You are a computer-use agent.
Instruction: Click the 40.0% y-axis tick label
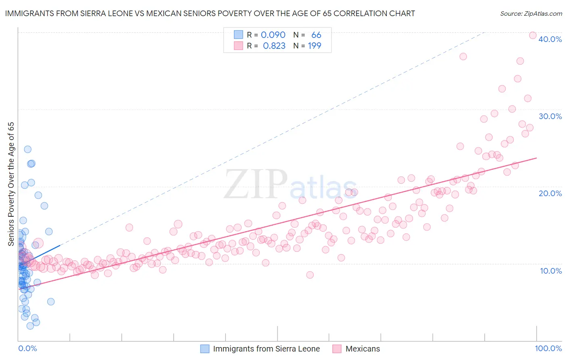pos(550,39)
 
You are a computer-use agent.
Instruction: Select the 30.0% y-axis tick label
pos(550,116)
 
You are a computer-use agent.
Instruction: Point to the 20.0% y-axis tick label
pos(550,193)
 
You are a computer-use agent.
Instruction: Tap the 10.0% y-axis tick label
pos(551,271)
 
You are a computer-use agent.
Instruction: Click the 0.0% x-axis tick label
pos(27,348)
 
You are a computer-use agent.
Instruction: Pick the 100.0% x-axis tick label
pos(548,348)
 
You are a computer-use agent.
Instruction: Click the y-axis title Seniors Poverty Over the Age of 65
pos(11,184)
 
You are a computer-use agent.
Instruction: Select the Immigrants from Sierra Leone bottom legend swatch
pos(205,349)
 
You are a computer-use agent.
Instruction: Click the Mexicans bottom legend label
pos(363,349)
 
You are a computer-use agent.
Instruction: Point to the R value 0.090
pos(273,35)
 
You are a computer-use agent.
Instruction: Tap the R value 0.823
pos(274,46)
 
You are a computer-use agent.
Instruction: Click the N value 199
pos(315,46)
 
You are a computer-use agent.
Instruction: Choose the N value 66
pos(316,35)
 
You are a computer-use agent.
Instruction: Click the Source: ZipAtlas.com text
pos(531,14)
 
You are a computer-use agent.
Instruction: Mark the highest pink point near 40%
pos(532,36)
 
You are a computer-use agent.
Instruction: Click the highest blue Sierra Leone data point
pos(27,149)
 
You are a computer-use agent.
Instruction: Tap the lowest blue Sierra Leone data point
pos(30,326)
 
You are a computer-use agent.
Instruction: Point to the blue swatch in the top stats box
pos(238,35)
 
